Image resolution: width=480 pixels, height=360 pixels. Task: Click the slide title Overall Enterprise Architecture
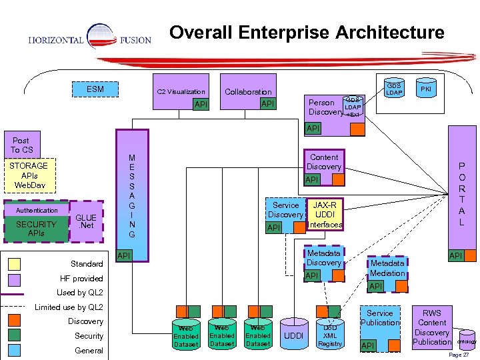pos(306,32)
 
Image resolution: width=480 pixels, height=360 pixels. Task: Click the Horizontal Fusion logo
pos(89,39)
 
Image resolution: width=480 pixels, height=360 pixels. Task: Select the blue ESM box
pos(95,89)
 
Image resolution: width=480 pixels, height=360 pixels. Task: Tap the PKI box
pos(425,88)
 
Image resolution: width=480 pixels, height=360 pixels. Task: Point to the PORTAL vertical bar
pos(461,193)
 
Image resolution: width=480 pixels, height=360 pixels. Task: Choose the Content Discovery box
pos(323,162)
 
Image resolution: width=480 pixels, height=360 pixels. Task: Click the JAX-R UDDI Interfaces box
pos(325,215)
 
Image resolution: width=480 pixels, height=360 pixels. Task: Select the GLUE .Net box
pos(87,221)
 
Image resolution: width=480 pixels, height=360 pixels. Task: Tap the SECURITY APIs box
pos(36,229)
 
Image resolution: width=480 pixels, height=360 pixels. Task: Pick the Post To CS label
pos(21,145)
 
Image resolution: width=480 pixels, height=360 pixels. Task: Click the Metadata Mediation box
pos(387,269)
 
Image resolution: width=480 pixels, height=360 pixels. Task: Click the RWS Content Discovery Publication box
pos(432,327)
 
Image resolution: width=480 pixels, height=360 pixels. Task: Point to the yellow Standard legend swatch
pos(13,264)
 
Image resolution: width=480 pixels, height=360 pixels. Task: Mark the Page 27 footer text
pos(459,355)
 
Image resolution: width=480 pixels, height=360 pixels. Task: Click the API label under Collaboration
pos(267,103)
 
